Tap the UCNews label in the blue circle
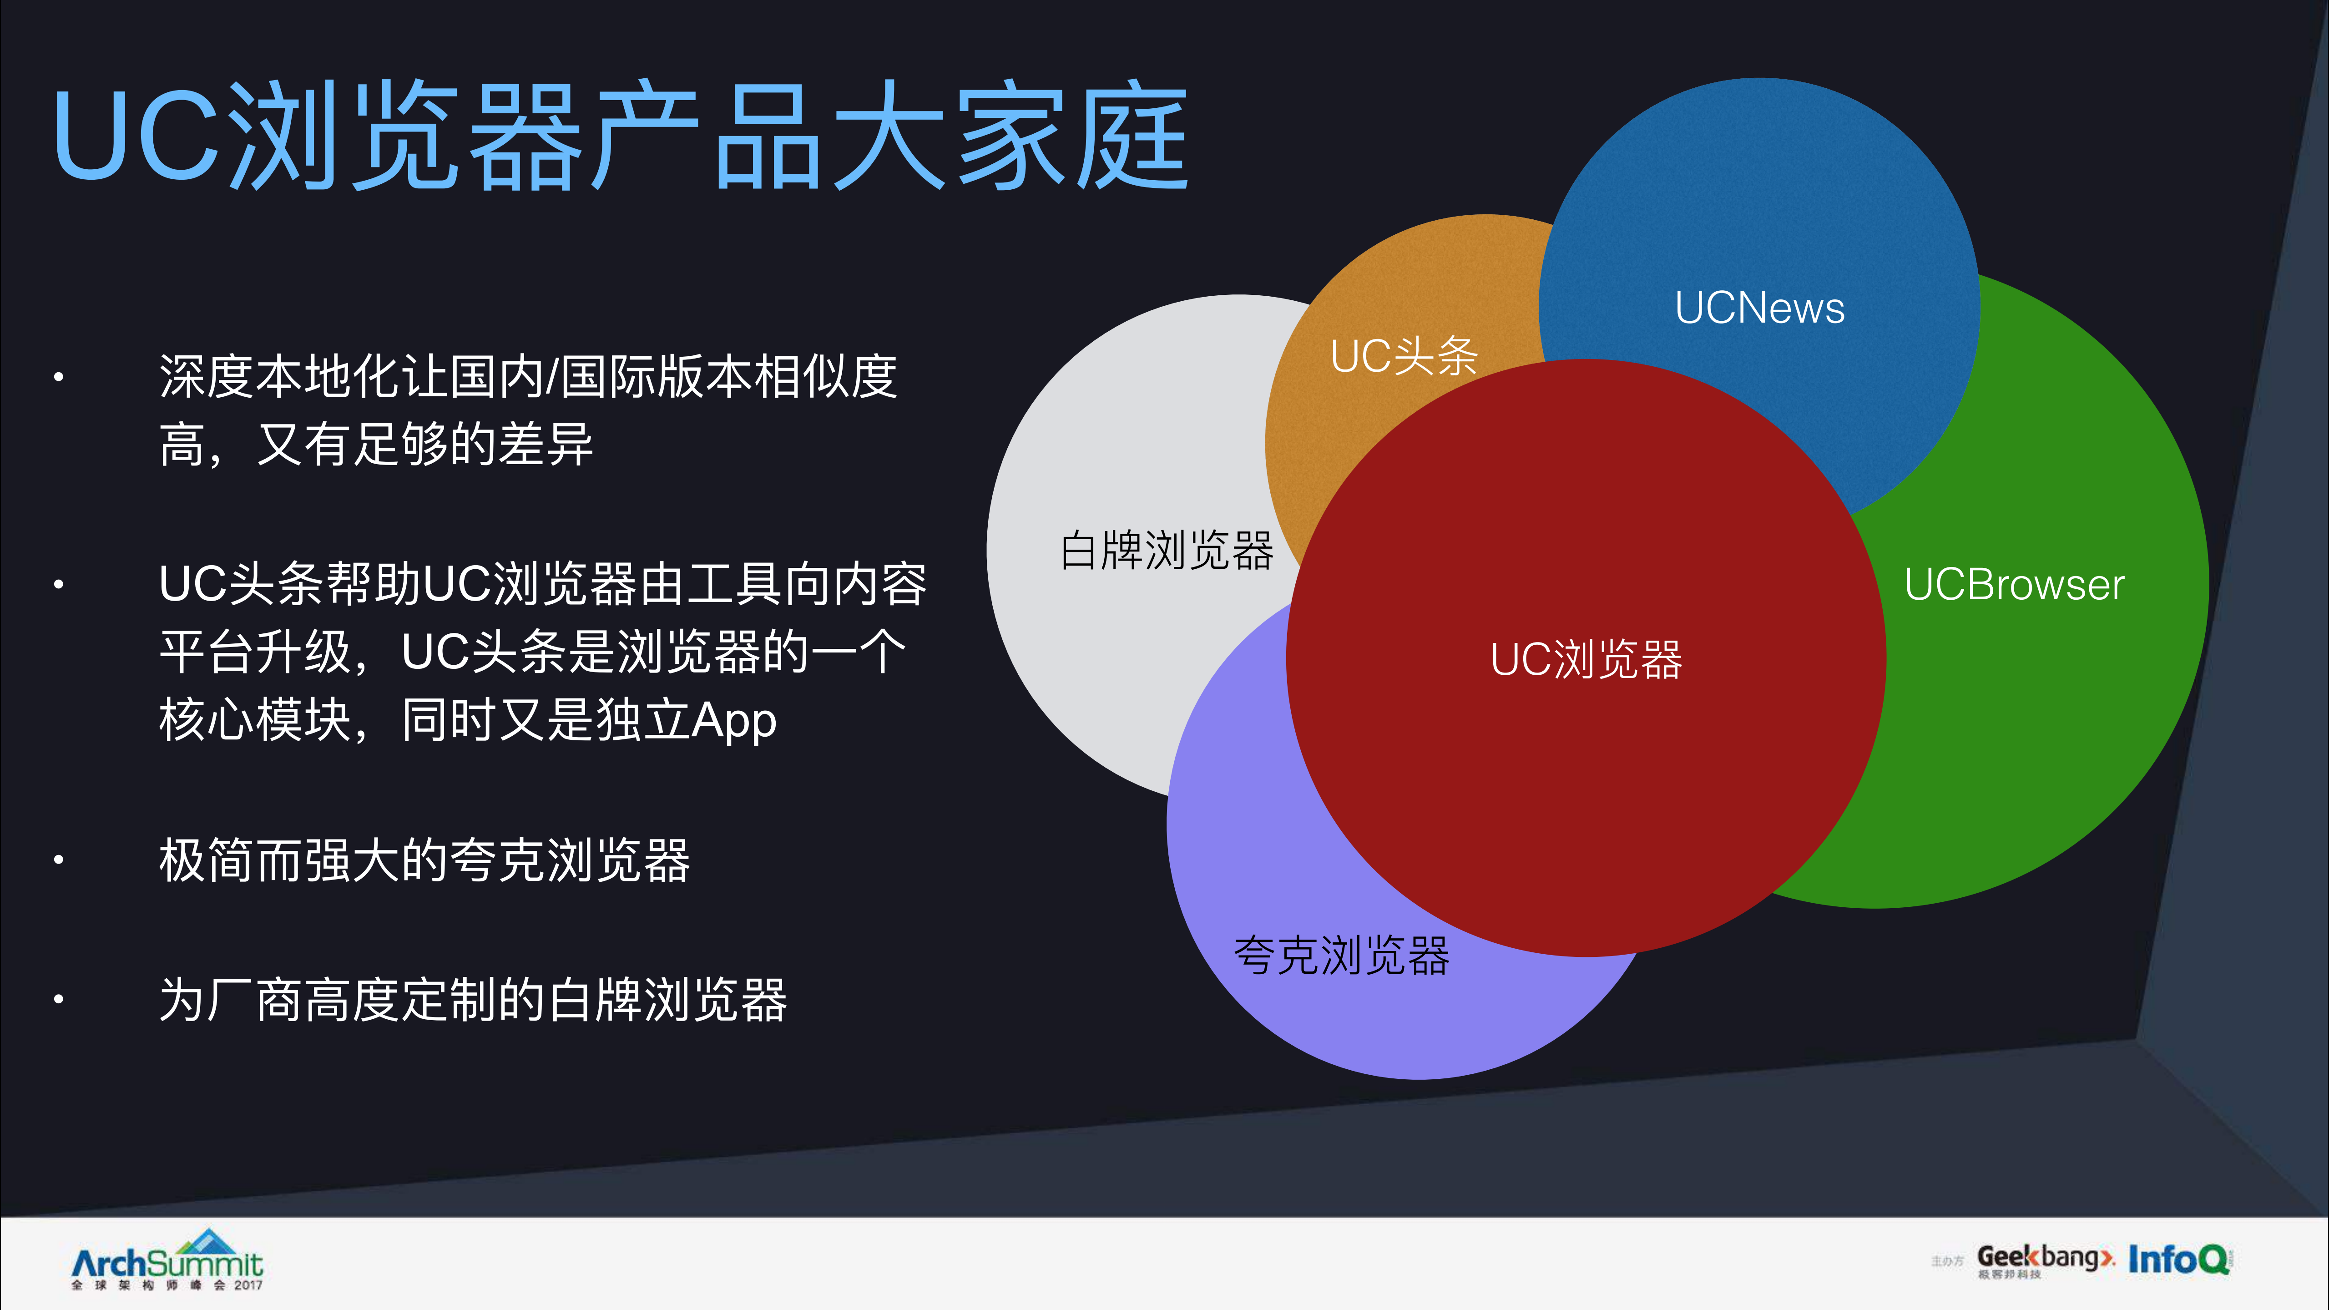[x=1758, y=309]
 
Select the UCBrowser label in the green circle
[x=2013, y=585]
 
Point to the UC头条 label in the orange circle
[x=1403, y=355]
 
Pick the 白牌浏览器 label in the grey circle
[x=1166, y=551]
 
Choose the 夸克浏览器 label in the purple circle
[x=1341, y=956]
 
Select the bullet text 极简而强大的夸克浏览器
[x=425, y=860]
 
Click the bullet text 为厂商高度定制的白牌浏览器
[x=473, y=1000]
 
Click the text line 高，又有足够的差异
[x=376, y=445]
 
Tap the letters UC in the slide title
[x=136, y=137]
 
